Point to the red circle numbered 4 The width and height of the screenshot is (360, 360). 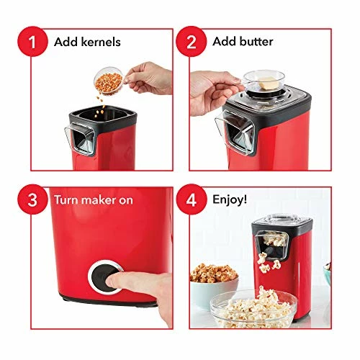coord(192,199)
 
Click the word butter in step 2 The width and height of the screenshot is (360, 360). coord(257,42)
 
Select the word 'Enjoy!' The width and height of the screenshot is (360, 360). coord(228,199)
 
